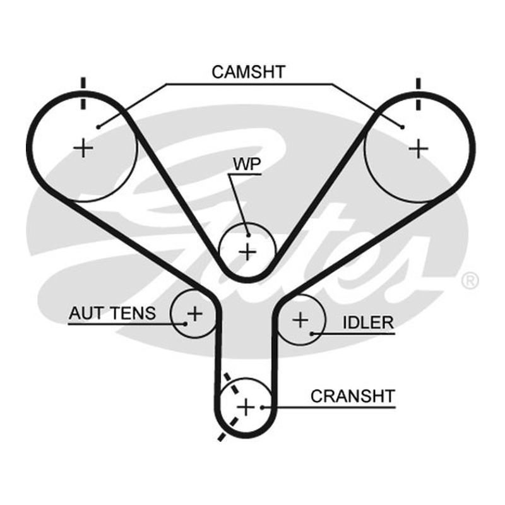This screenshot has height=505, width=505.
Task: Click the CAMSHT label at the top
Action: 248,72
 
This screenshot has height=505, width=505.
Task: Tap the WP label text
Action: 247,164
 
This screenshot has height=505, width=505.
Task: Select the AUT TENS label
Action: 112,312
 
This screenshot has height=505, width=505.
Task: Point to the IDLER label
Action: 368,323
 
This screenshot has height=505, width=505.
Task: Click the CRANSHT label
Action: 353,396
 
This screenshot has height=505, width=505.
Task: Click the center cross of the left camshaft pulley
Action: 83,148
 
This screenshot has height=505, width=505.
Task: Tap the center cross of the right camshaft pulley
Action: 418,148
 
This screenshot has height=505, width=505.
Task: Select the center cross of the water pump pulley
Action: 247,251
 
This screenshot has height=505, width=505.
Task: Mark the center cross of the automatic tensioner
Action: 194,313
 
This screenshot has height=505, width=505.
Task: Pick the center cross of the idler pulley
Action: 300,320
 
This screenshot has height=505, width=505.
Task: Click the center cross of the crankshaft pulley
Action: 246,407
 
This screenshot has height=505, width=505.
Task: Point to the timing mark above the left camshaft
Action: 83,93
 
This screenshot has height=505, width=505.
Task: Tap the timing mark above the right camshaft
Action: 418,94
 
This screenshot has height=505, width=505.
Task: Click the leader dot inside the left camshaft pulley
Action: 98,127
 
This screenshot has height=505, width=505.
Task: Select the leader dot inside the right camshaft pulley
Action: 402,128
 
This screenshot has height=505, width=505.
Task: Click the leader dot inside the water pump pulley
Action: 248,235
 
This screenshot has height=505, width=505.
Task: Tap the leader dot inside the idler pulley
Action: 311,334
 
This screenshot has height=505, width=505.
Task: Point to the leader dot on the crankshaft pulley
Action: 263,407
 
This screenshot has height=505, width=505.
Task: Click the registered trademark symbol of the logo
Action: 470,280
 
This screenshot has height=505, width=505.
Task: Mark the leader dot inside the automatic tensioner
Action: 185,324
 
